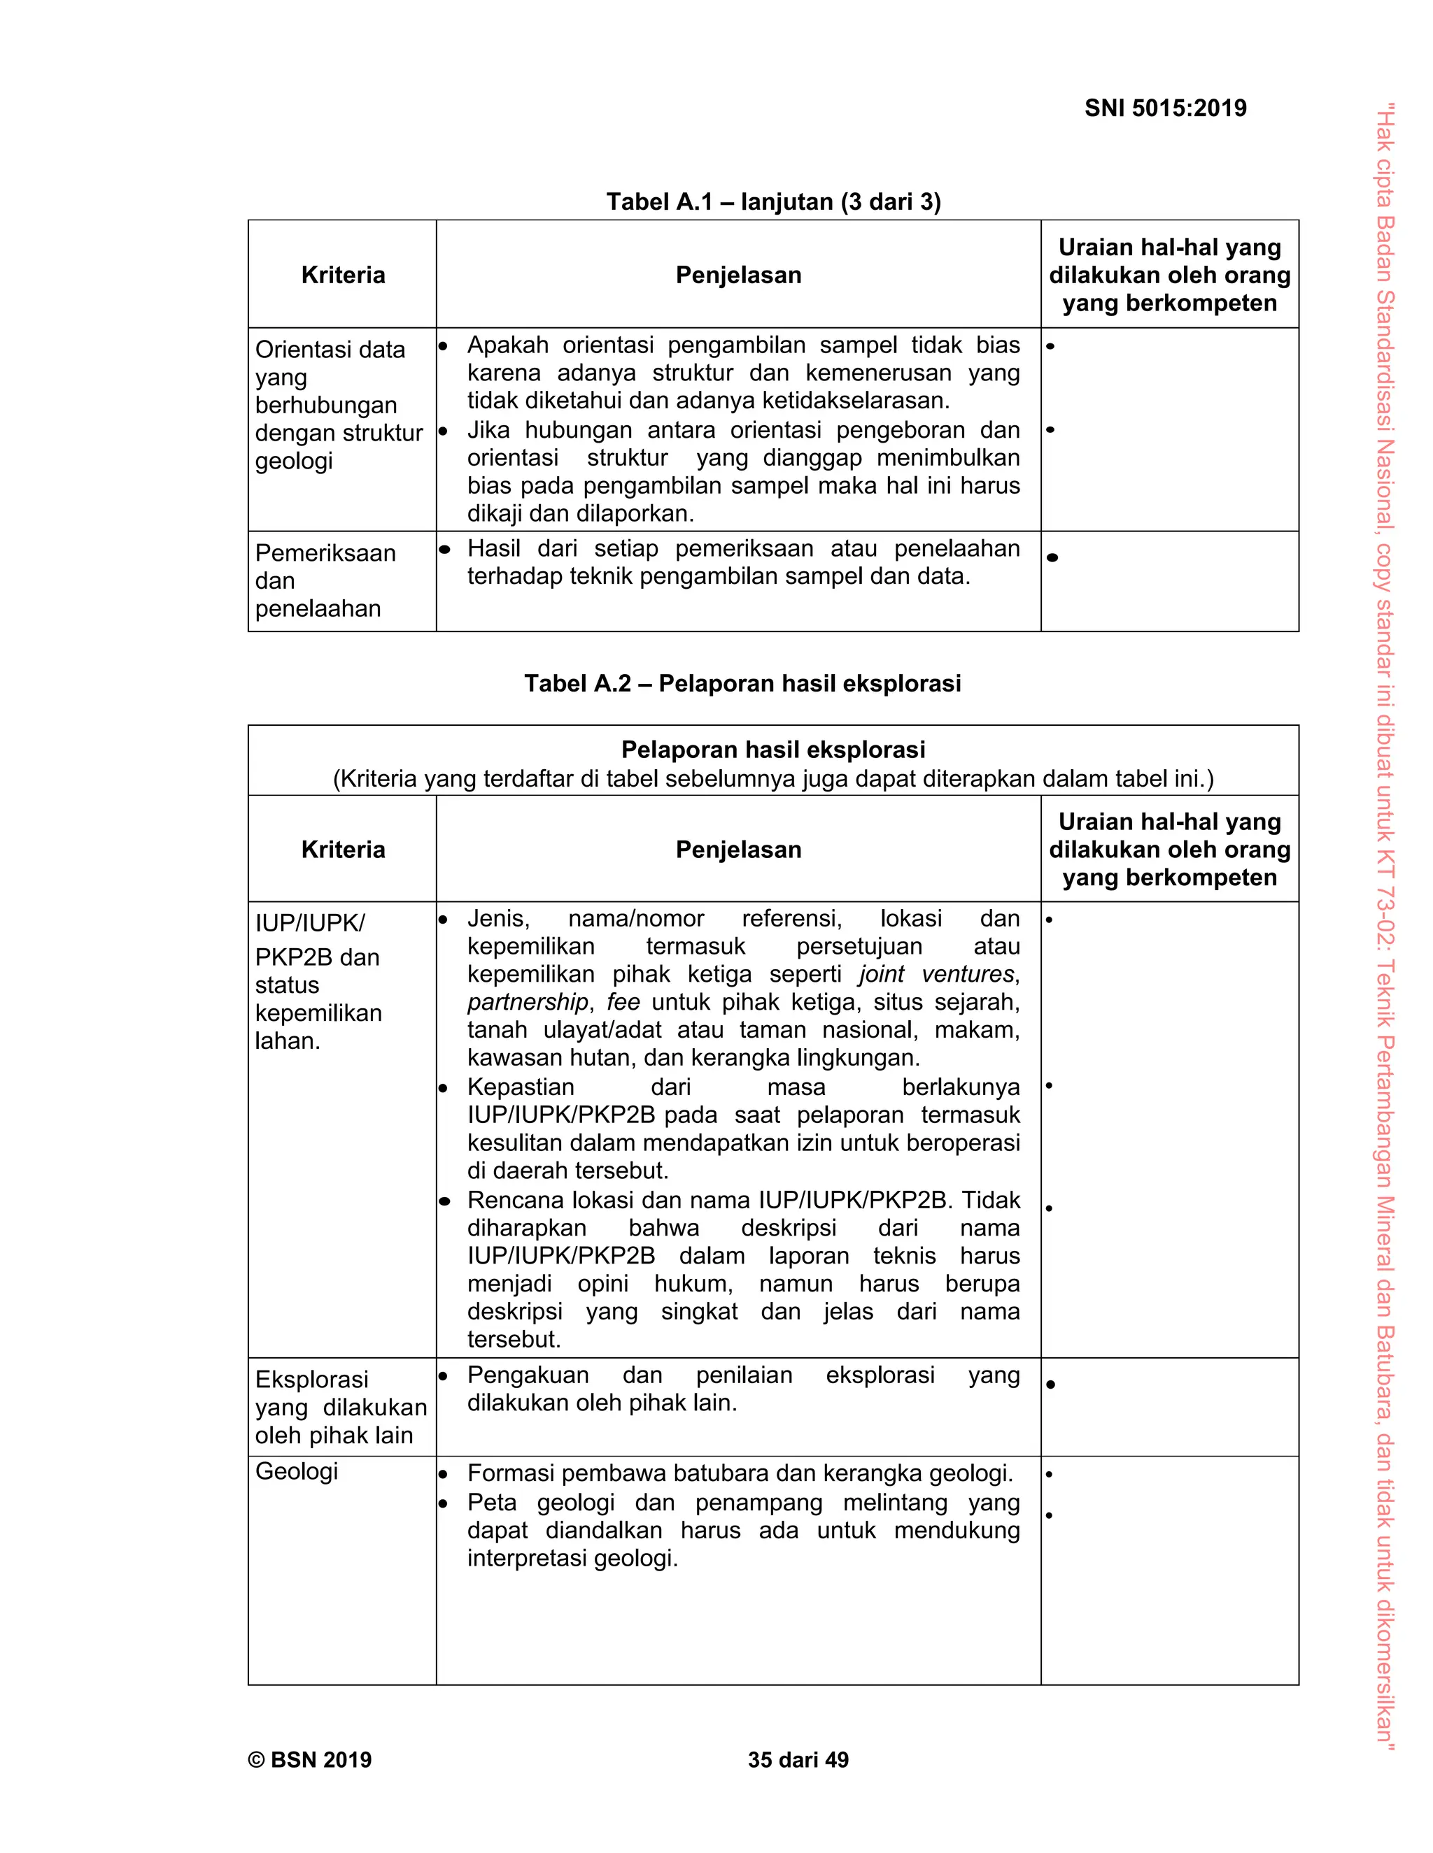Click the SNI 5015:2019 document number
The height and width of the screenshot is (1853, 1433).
[1165, 108]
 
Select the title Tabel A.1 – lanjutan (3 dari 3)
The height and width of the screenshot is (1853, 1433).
[773, 202]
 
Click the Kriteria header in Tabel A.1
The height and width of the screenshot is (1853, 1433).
[343, 275]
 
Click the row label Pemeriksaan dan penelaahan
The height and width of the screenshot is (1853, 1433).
[325, 581]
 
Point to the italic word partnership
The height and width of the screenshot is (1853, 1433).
[527, 1002]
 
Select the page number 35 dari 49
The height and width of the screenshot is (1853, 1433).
[798, 1760]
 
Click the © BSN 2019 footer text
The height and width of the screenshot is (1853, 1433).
[310, 1760]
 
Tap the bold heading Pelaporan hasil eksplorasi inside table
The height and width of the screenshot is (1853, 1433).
[772, 750]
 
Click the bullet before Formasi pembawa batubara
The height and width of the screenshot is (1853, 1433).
[443, 1475]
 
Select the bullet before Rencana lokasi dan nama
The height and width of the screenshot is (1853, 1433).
[443, 1201]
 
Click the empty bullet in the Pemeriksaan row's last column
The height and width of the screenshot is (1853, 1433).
[1052, 557]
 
